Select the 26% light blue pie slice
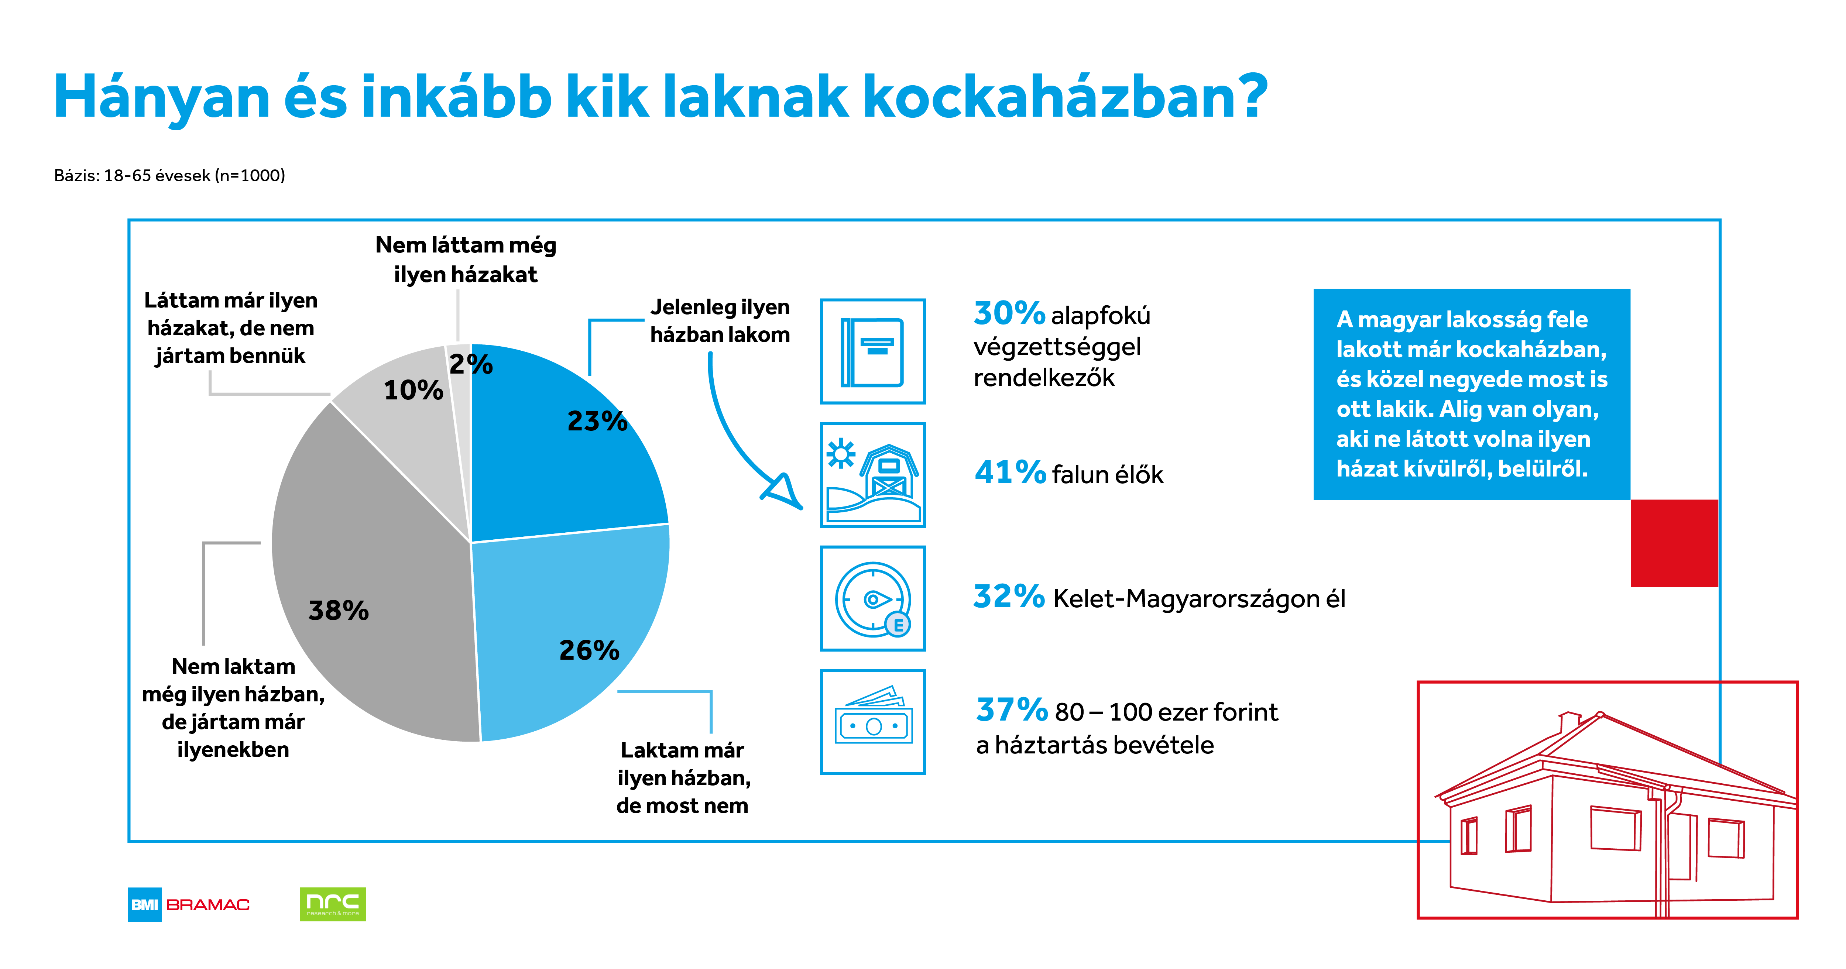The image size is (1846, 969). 566,631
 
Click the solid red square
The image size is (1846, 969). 1674,543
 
